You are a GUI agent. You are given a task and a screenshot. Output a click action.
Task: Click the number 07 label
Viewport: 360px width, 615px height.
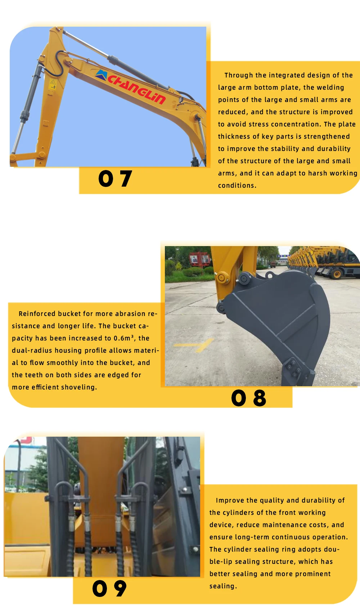click(115, 179)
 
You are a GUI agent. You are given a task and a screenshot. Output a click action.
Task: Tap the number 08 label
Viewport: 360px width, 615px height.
click(248, 398)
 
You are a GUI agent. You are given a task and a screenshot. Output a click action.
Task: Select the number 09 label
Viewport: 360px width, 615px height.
click(109, 589)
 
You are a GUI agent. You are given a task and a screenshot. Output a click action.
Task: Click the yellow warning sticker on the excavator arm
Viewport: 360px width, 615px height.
click(53, 85)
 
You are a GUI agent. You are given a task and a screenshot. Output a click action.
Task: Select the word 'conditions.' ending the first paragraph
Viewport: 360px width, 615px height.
click(237, 186)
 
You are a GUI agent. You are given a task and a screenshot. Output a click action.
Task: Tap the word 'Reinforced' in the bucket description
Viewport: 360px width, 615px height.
click(37, 314)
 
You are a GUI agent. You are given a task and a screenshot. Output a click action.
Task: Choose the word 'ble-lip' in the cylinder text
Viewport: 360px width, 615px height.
click(221, 562)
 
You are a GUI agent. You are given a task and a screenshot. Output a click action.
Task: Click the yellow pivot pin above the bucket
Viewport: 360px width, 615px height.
click(222, 277)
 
